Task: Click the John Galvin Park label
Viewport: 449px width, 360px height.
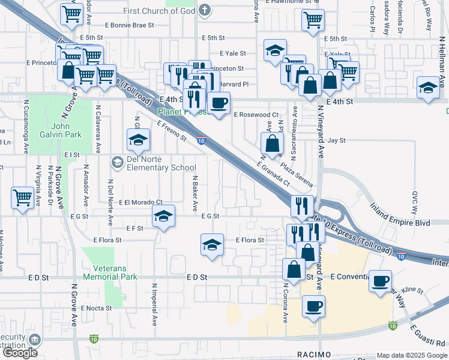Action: click(x=65, y=131)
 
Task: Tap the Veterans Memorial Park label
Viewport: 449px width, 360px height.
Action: click(x=110, y=273)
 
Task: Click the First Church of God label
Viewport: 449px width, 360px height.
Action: click(x=159, y=11)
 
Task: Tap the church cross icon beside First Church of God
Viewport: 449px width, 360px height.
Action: click(x=204, y=10)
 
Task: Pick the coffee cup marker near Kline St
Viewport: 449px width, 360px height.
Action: click(x=381, y=280)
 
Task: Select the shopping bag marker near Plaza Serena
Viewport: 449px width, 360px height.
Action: click(x=273, y=143)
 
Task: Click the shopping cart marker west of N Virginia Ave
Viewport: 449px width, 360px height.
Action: click(x=22, y=197)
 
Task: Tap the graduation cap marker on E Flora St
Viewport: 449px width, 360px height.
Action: click(x=212, y=245)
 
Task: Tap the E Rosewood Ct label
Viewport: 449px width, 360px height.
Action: click(x=256, y=114)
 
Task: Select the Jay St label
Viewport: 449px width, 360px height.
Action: click(x=337, y=140)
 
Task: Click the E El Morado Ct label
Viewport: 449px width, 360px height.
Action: click(x=140, y=202)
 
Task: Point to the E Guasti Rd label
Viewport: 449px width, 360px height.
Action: click(x=429, y=335)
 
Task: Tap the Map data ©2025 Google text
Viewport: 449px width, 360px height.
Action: click(x=411, y=355)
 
